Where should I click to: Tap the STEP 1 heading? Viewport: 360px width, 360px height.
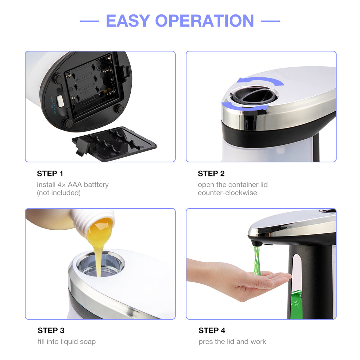[x=50, y=174]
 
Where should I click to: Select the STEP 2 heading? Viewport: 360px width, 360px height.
[x=211, y=174]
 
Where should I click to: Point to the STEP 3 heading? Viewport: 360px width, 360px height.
[x=51, y=330]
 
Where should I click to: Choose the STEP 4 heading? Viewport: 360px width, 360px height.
[x=212, y=330]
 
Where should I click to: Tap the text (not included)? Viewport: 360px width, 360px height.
[x=59, y=193]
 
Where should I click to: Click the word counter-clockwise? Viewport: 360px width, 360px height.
[x=227, y=193]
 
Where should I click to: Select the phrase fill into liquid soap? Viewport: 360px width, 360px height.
[x=67, y=341]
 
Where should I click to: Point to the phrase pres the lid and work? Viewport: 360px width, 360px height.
[x=232, y=341]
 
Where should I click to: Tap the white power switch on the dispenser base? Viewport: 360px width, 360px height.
[x=59, y=101]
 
